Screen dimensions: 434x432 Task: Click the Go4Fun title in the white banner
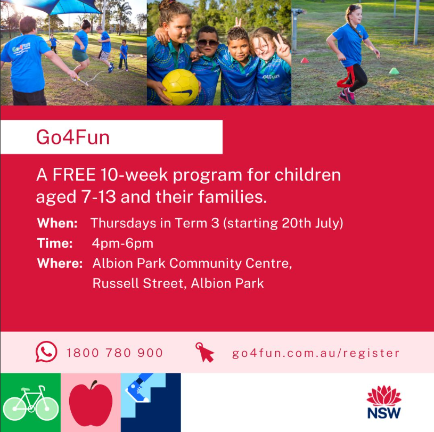[73, 137]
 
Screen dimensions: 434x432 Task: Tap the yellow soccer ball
[181, 87]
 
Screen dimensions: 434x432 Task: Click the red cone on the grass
[305, 60]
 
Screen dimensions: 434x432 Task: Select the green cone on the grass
[394, 71]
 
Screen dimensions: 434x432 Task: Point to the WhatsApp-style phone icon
[46, 352]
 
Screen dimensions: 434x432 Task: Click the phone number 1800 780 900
[114, 353]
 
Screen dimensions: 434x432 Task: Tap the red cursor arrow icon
[205, 352]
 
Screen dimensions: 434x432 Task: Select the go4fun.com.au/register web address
[316, 353]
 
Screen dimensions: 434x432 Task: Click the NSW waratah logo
[384, 402]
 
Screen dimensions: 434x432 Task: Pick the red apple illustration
[91, 404]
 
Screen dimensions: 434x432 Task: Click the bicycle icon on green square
[31, 403]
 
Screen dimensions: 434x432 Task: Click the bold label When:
[58, 223]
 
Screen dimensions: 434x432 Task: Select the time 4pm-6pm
[122, 243]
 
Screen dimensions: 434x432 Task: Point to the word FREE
[74, 175]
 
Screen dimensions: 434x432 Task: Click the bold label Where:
[60, 263]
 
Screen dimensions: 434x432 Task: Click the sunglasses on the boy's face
[208, 43]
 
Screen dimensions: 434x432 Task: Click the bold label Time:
[55, 243]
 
